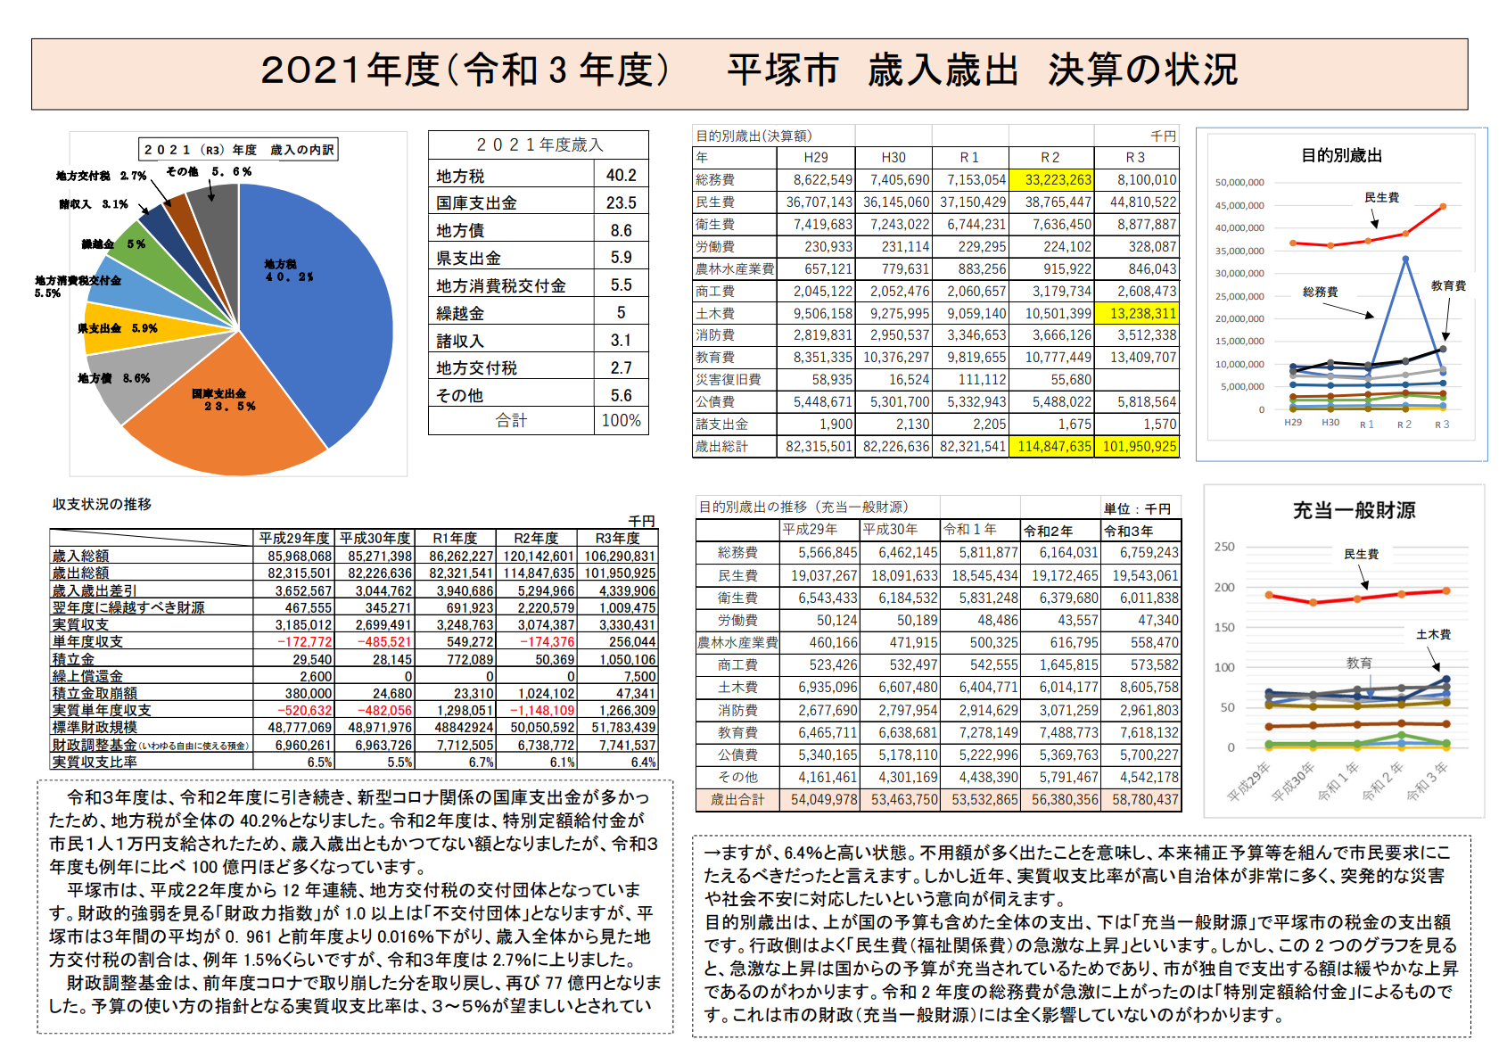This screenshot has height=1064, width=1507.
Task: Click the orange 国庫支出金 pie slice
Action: [x=223, y=419]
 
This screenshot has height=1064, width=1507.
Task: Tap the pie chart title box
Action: [x=238, y=150]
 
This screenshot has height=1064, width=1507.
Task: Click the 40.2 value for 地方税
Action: [x=621, y=176]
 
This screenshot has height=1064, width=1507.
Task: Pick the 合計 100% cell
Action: [x=621, y=421]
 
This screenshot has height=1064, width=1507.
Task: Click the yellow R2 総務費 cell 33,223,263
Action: [x=1050, y=180]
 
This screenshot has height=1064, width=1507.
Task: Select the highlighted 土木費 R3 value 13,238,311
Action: [x=1136, y=314]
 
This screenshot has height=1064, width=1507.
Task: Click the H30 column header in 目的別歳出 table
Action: [x=893, y=158]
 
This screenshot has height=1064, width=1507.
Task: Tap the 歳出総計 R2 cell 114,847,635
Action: [x=1050, y=447]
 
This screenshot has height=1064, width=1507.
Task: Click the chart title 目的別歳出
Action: [x=1342, y=156]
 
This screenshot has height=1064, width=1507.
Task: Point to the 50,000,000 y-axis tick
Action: [x=1239, y=183]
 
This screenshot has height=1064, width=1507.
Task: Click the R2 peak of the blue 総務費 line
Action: [x=1405, y=260]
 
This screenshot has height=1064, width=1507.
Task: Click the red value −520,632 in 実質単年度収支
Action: [x=304, y=711]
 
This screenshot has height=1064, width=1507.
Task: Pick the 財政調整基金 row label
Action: [x=95, y=746]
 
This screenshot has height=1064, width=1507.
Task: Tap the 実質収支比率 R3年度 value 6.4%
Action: [x=643, y=763]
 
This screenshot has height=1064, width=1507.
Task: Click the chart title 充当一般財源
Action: [x=1354, y=511]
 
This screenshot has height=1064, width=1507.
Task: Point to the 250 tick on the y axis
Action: [x=1224, y=547]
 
